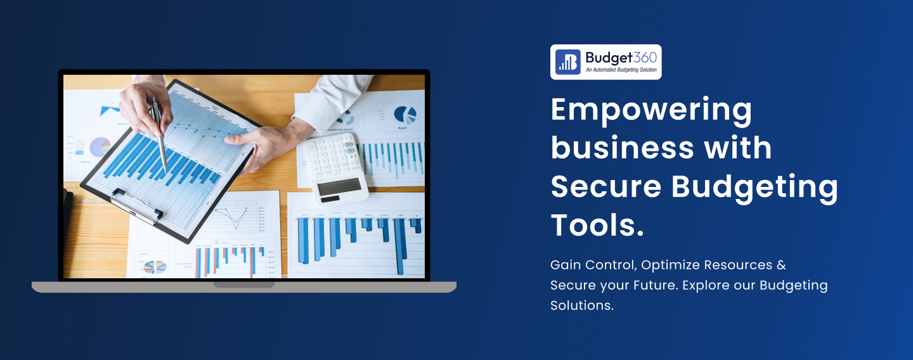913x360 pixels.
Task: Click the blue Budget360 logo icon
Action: coord(568,62)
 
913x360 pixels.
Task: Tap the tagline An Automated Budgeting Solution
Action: coord(621,70)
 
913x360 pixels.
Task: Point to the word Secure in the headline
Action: coord(605,186)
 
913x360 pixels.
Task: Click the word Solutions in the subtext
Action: coord(581,305)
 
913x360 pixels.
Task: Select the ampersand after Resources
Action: coord(781,265)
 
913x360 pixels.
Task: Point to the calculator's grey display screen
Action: coord(339,186)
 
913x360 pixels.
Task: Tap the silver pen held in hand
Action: coord(159,134)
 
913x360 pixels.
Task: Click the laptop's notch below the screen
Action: coord(243,284)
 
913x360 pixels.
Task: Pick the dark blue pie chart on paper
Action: coord(405,115)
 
